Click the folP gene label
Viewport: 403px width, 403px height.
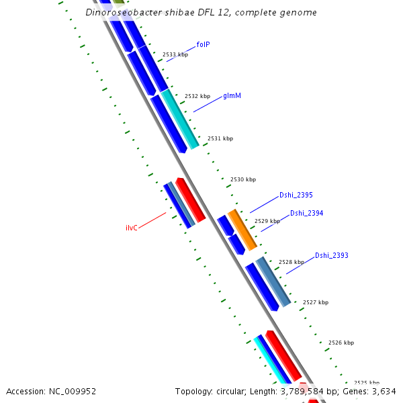(203, 44)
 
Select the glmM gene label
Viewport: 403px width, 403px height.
(232, 96)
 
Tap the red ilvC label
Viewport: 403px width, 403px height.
(132, 228)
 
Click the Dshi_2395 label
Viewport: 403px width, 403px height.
(296, 195)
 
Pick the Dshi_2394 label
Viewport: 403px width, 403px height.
(307, 213)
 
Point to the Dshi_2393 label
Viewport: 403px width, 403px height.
(332, 255)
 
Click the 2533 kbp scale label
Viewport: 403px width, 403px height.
(175, 54)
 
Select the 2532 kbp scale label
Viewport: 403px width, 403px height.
(197, 96)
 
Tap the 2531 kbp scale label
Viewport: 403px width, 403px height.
(220, 138)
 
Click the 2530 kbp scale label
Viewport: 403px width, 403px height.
(243, 179)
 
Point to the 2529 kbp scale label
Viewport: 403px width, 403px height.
(267, 221)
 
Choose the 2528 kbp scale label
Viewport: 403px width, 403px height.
(292, 262)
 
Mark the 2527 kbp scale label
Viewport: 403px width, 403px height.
(316, 302)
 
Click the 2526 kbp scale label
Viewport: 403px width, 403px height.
(341, 343)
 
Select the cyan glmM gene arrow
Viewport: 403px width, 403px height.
(180, 119)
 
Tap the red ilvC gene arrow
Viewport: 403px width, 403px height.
(191, 200)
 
